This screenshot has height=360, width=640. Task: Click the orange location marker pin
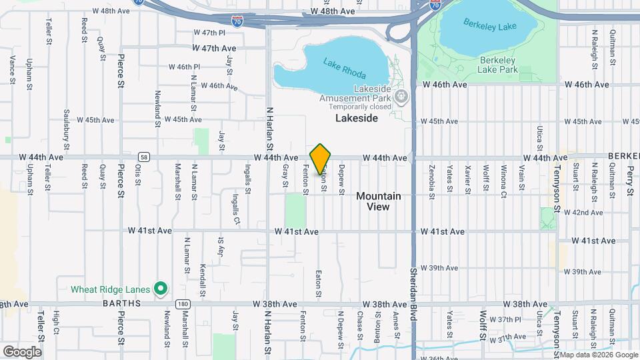click(x=321, y=159)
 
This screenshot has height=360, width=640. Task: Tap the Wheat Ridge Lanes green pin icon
click(x=160, y=289)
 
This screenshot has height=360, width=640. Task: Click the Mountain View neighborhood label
click(x=378, y=201)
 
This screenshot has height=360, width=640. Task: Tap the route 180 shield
click(x=183, y=303)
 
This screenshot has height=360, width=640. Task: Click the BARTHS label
click(x=122, y=303)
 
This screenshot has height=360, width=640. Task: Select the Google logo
click(x=22, y=351)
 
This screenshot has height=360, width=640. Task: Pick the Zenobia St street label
click(x=432, y=182)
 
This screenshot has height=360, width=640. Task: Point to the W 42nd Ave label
click(x=583, y=213)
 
